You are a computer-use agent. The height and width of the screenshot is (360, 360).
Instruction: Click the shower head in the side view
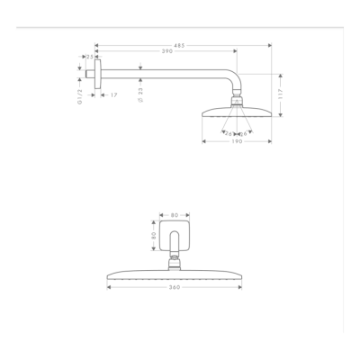pos(237,112)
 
